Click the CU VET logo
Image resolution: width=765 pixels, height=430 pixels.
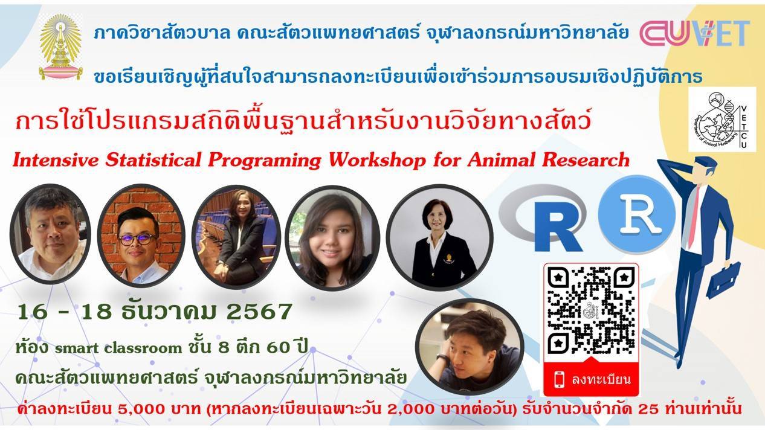(695, 33)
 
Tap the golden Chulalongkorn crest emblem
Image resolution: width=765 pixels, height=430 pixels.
(60, 47)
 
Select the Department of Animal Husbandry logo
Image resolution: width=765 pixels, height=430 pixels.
(722, 120)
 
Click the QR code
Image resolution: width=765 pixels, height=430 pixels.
(591, 310)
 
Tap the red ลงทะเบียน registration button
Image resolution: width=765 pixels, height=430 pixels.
(591, 379)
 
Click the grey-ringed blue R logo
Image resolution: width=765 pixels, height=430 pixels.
(543, 219)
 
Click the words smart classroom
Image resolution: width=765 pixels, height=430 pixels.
(118, 348)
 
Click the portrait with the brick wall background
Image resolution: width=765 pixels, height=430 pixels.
(141, 236)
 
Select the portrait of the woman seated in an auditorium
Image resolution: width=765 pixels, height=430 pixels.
(236, 237)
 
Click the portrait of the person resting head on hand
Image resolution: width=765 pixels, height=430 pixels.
(470, 347)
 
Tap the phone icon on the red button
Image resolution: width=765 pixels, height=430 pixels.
(559, 379)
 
